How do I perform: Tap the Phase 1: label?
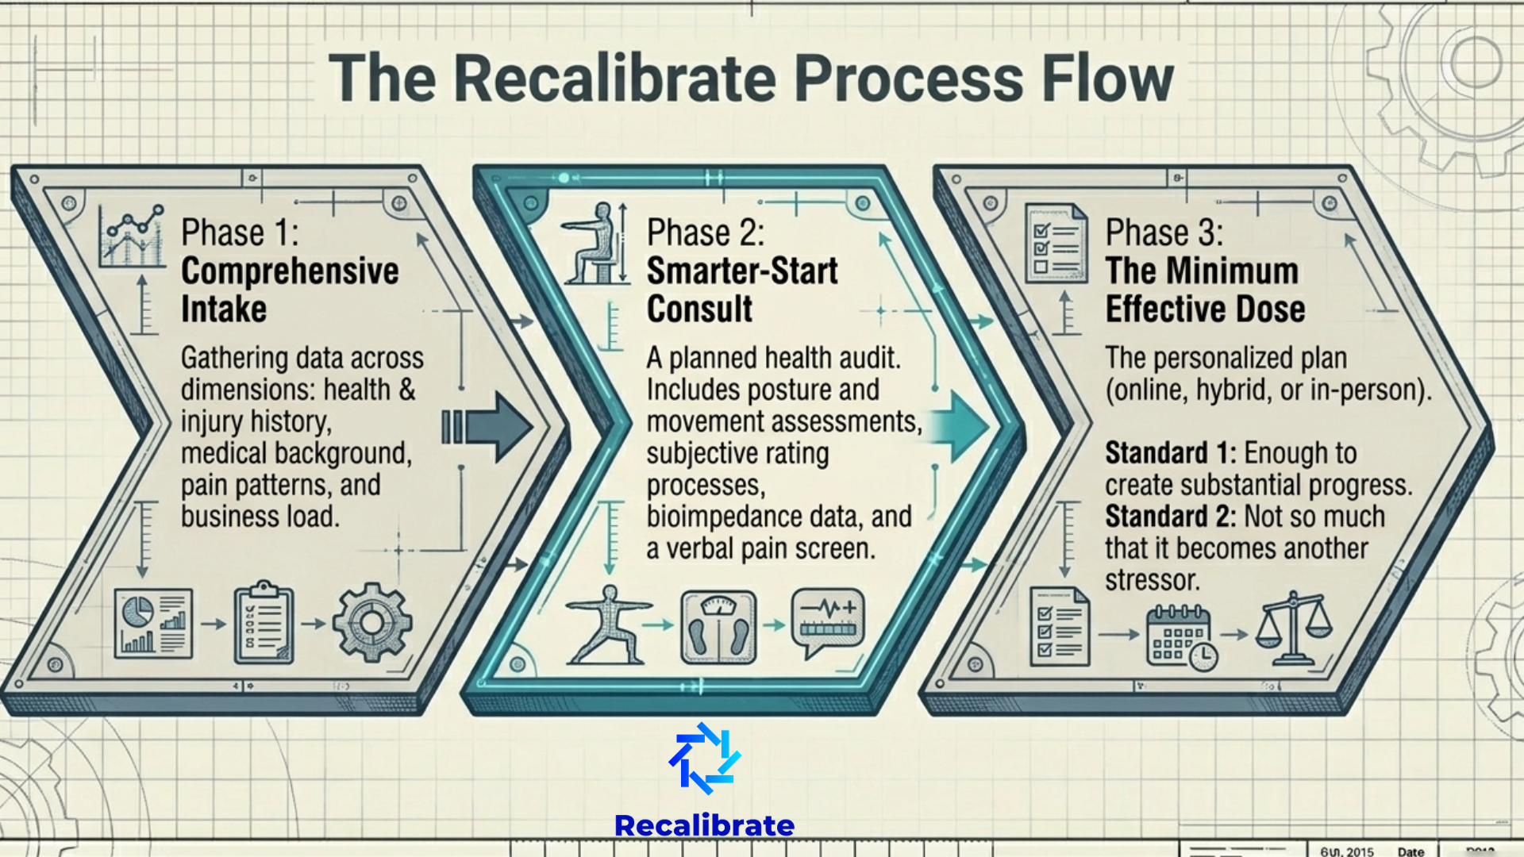tap(240, 233)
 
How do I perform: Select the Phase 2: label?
tap(705, 233)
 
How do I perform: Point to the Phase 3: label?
tap(1164, 233)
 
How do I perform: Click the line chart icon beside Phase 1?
tap(132, 236)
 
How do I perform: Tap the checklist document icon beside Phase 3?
tap(1056, 243)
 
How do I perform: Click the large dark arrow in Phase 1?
tap(487, 427)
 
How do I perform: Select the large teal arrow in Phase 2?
tap(957, 426)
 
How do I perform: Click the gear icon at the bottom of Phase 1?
tap(372, 624)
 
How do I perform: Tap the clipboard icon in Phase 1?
tap(264, 624)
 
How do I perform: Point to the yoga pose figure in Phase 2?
tap(609, 625)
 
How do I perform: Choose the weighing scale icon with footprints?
tap(718, 627)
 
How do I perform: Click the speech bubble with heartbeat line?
tap(828, 622)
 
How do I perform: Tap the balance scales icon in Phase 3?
tap(1294, 628)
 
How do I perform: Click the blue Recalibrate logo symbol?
tap(704, 759)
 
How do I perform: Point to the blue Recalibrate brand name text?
tap(704, 825)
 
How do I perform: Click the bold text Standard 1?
tap(1171, 453)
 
